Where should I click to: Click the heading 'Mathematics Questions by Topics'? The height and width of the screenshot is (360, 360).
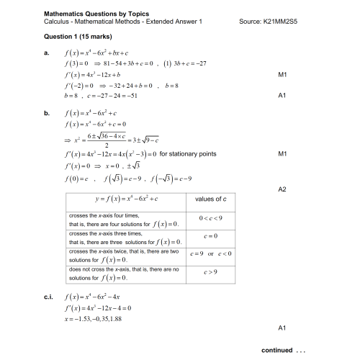(x=94, y=13)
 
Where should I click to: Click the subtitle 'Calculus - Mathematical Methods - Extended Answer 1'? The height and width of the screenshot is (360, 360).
(x=123, y=22)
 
